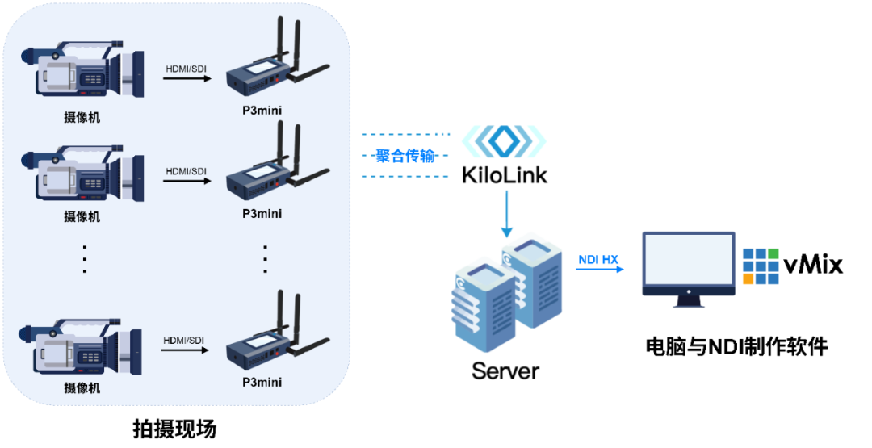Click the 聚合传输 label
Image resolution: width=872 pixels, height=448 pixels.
[405, 156]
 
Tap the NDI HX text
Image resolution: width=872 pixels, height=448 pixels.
[598, 259]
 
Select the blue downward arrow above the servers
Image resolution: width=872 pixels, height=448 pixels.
[507, 214]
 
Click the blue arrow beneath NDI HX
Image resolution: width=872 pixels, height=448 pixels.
[600, 269]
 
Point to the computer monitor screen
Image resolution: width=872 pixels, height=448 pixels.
[689, 259]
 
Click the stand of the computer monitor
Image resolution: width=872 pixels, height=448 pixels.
[689, 299]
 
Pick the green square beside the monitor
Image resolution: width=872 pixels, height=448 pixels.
[773, 253]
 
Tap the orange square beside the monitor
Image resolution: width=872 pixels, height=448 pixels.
[748, 279]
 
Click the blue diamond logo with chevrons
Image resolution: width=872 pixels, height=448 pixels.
[504, 141]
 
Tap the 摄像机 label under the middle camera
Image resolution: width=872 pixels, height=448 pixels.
[82, 216]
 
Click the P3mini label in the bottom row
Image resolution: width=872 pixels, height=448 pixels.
[262, 382]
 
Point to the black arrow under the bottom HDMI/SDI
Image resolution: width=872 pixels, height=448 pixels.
[186, 351]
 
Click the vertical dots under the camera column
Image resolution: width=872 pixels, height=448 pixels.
[84, 258]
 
